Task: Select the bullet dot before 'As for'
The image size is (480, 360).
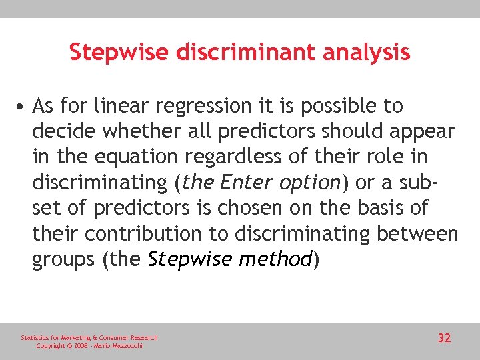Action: (x=23, y=106)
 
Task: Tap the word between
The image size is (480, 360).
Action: (x=419, y=233)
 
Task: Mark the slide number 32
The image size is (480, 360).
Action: (x=444, y=339)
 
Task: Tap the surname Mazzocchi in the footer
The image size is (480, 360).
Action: (x=126, y=346)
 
